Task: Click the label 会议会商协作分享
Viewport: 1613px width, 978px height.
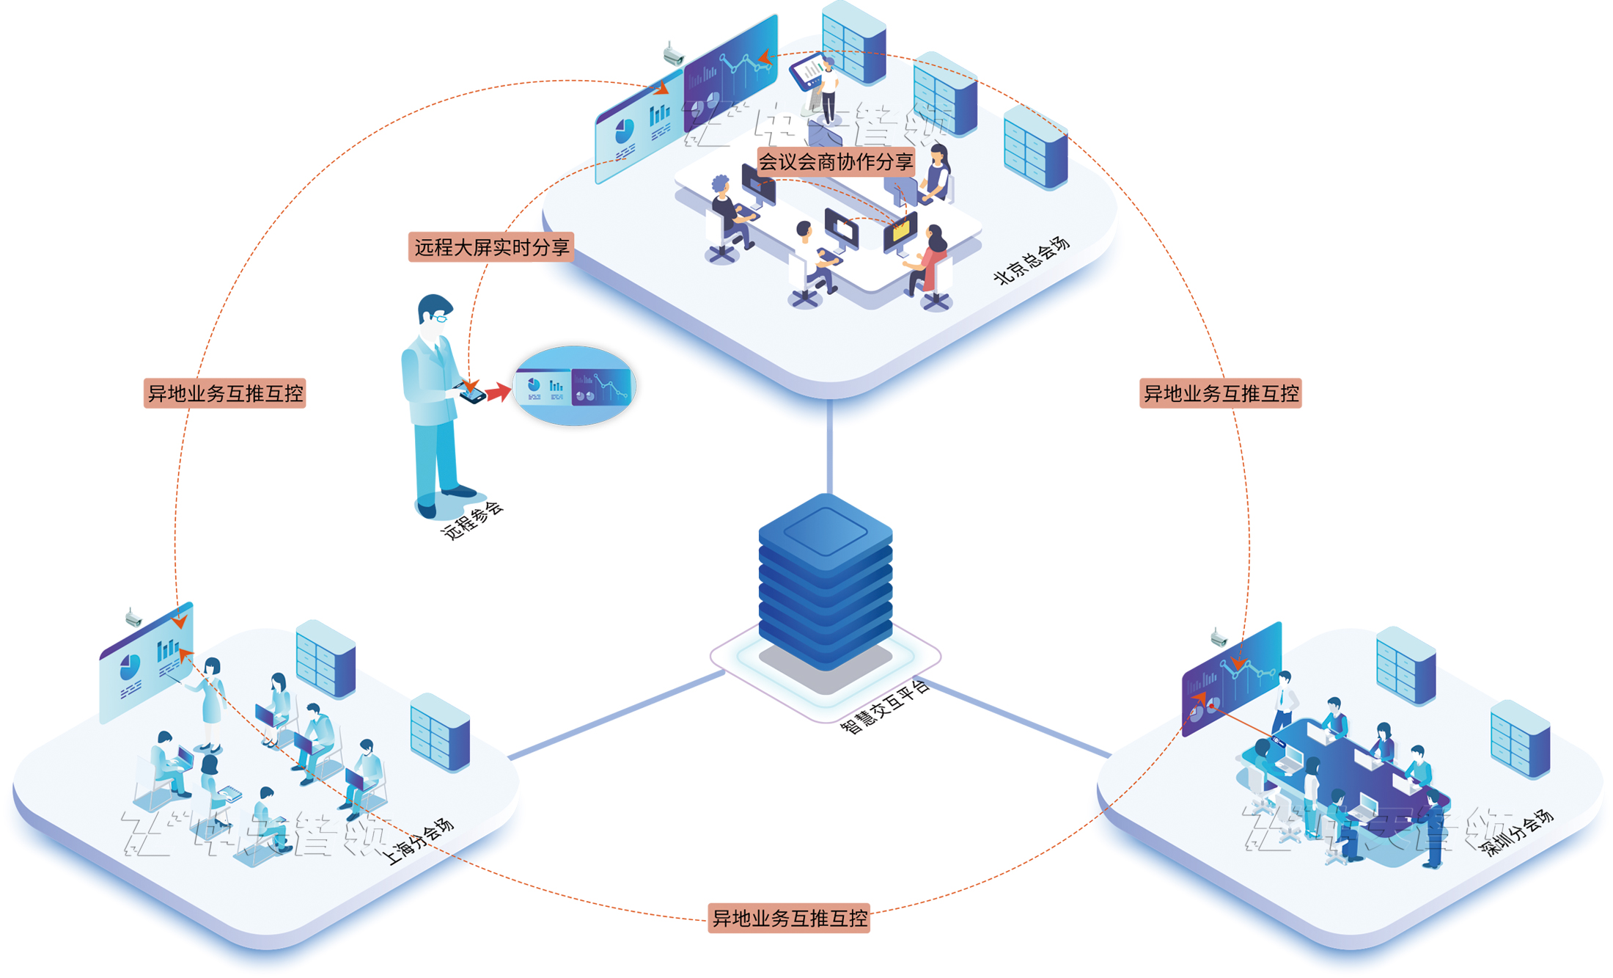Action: pyautogui.click(x=835, y=161)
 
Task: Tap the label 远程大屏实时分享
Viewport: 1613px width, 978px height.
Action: pyautogui.click(x=491, y=247)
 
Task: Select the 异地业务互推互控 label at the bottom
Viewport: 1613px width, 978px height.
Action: pyautogui.click(x=789, y=918)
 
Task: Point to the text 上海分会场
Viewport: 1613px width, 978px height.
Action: pyautogui.click(x=419, y=842)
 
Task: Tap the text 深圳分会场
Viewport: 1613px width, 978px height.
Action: pyautogui.click(x=1516, y=833)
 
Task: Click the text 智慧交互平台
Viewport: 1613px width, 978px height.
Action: pyautogui.click(x=884, y=707)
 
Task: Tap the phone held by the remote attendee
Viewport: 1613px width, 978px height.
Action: pyautogui.click(x=473, y=395)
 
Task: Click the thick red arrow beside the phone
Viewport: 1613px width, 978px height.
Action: pyautogui.click(x=498, y=392)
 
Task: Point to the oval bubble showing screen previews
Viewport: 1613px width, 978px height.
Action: pyautogui.click(x=574, y=386)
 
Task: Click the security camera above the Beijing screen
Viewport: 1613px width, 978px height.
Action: pyautogui.click(x=672, y=54)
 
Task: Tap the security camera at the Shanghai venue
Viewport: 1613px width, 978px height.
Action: pyautogui.click(x=133, y=617)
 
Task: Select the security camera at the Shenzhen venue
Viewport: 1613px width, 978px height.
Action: pyautogui.click(x=1219, y=637)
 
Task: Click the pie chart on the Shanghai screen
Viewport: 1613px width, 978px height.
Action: pyautogui.click(x=130, y=666)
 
